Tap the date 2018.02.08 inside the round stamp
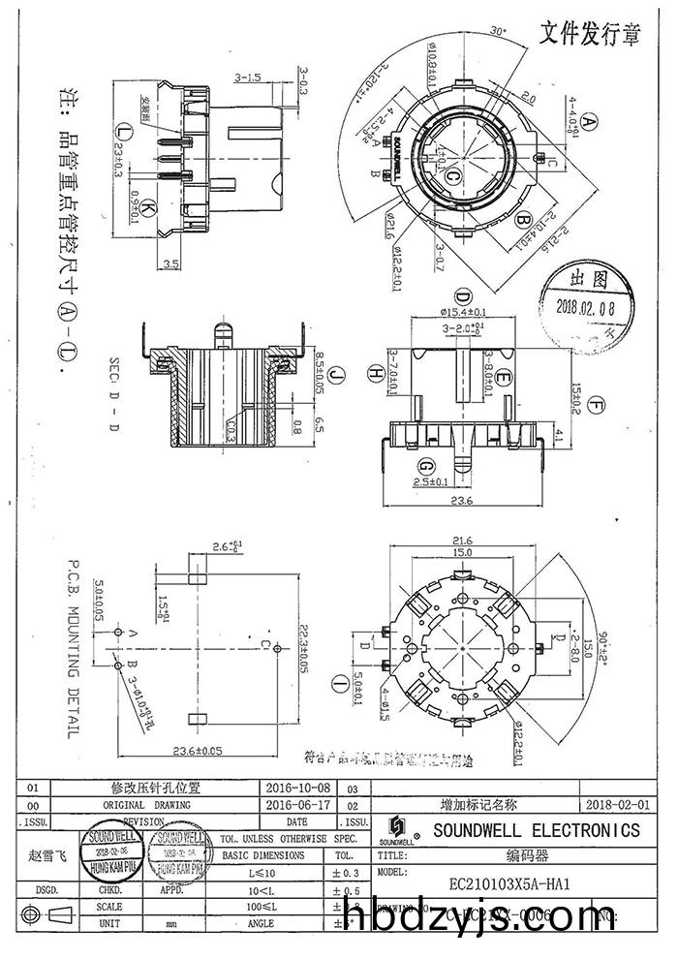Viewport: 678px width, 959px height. [x=589, y=305]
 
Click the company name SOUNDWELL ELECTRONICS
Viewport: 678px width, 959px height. [x=536, y=830]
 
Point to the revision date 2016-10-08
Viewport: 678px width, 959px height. [x=296, y=789]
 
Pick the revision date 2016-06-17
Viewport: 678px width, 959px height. [x=296, y=804]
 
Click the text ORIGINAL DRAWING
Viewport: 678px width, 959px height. [x=146, y=804]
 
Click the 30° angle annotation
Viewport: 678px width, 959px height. [x=499, y=31]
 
